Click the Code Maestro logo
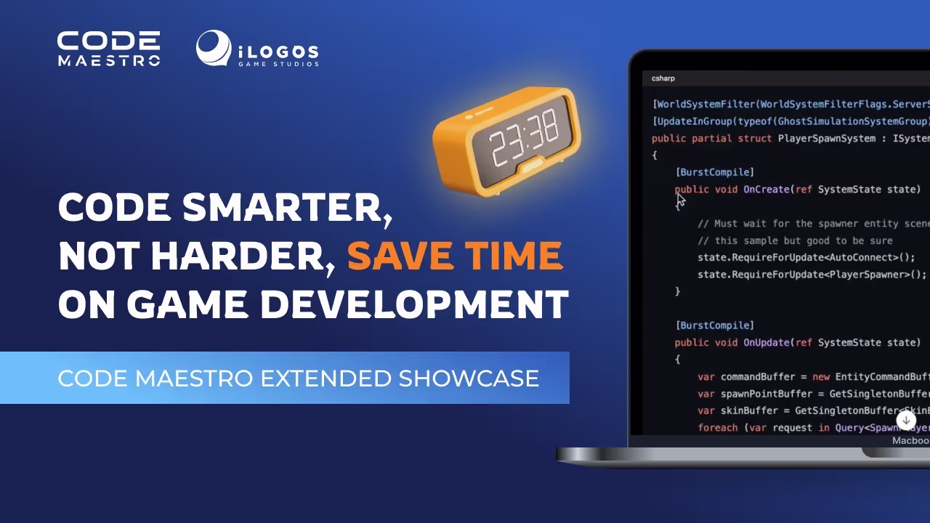(x=109, y=49)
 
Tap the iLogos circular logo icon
(x=214, y=49)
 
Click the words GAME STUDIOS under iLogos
(x=278, y=64)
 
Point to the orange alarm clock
(x=507, y=141)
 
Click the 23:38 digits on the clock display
(x=524, y=138)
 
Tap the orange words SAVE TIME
(x=455, y=256)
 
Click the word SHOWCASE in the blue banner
(x=469, y=378)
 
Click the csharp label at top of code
(x=663, y=78)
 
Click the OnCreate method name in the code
(x=766, y=190)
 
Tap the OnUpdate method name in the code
(x=766, y=343)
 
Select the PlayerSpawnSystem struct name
(x=826, y=139)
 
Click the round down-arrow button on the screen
(x=906, y=420)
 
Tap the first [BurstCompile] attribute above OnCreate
(x=715, y=172)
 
